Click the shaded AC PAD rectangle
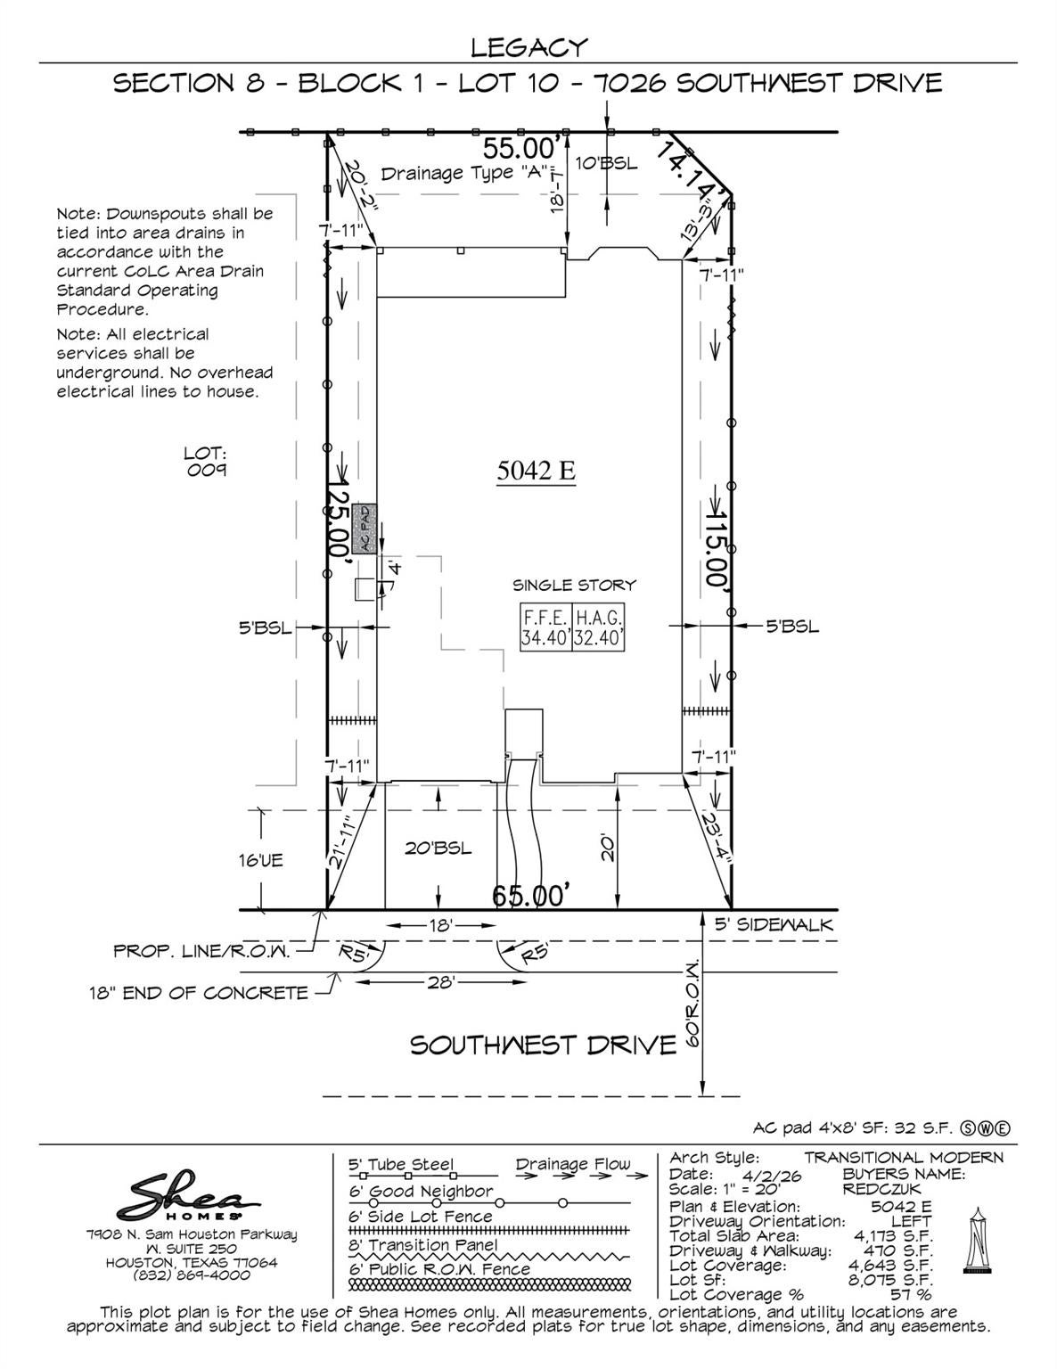coord(365,529)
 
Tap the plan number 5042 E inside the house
coord(536,470)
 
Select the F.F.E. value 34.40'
coord(545,637)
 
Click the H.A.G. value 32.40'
coord(598,637)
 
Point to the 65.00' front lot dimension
coord(531,895)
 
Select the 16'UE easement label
coord(261,860)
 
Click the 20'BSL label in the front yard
coord(438,848)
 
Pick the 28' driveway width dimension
coord(440,982)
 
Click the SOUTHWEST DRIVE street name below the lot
coord(543,1045)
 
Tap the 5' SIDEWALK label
coord(774,924)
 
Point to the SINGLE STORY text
coord(574,586)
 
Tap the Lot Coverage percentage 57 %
coord(910,1295)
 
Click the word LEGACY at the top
coord(529,47)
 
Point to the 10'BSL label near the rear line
coord(606,163)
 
